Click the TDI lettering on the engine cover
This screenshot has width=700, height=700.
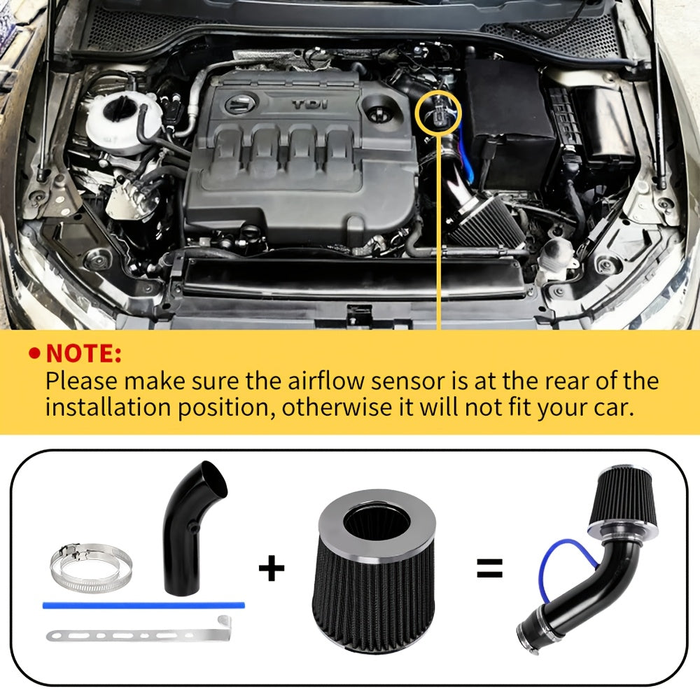pyautogui.click(x=310, y=104)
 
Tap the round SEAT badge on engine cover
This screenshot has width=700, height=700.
pyautogui.click(x=239, y=104)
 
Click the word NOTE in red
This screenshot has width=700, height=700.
pyautogui.click(x=83, y=353)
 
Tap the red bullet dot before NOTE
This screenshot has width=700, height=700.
pyautogui.click(x=34, y=353)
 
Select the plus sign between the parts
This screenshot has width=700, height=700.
pyautogui.click(x=272, y=568)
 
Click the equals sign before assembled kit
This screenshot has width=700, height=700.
pyautogui.click(x=490, y=568)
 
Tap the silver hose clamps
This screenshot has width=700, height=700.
pyautogui.click(x=90, y=568)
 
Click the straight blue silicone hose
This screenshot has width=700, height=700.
pyautogui.click(x=143, y=605)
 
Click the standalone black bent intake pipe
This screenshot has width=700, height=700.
pyautogui.click(x=195, y=528)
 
